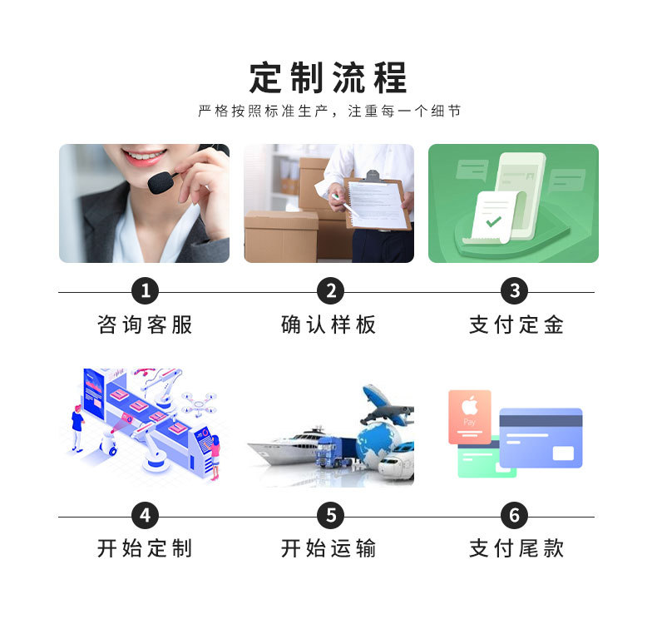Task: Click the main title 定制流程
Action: coord(328,77)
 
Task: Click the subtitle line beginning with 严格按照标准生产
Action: coord(328,111)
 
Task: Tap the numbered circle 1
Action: coord(146,291)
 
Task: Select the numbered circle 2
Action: coord(330,291)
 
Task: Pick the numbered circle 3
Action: coord(514,291)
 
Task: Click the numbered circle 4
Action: coord(146,516)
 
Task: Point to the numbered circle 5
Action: coord(330,516)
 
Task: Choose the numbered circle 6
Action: coord(514,516)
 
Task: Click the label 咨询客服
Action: coord(146,324)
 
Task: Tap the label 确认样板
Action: coord(329,324)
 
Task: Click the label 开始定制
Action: coord(146,548)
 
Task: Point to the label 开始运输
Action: coord(329,548)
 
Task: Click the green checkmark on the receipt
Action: coord(494,221)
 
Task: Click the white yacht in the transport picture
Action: coord(283,449)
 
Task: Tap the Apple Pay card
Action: coord(470,416)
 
